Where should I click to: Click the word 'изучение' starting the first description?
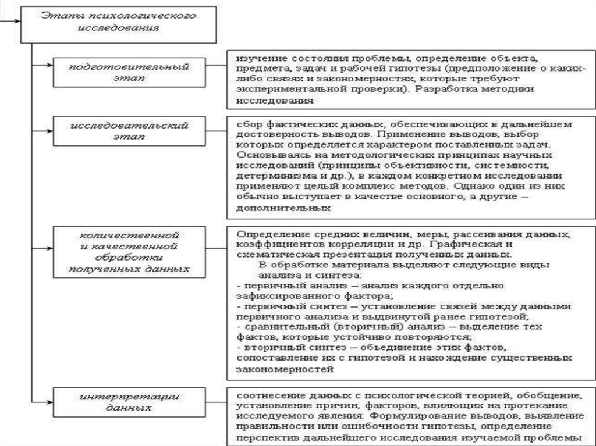254,60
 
